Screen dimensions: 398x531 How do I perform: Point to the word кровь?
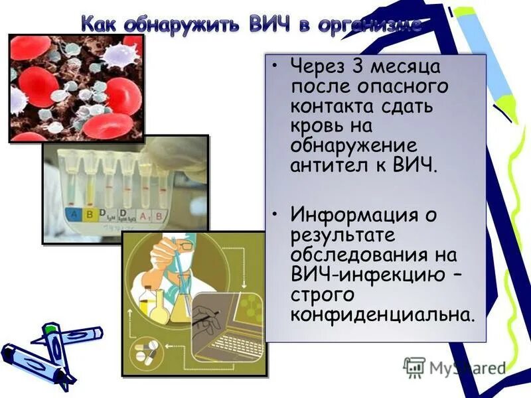[x=318, y=125]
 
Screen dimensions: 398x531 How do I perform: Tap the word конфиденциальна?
[x=382, y=313]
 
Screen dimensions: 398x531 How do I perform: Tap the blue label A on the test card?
[x=73, y=214]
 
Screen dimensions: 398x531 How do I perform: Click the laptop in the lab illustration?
[x=226, y=332]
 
